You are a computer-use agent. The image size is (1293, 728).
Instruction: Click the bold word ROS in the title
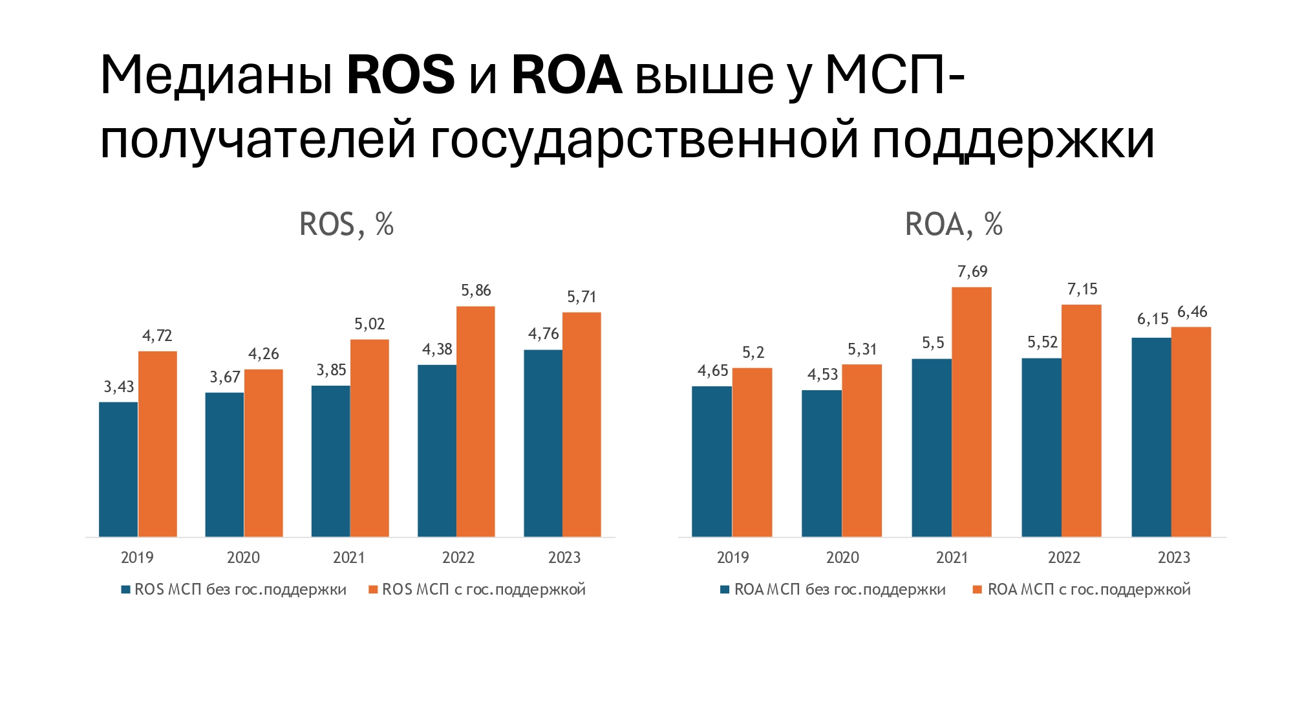coord(401,75)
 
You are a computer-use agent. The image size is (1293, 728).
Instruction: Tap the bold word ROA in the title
coord(566,75)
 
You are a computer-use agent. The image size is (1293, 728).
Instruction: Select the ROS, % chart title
coord(347,225)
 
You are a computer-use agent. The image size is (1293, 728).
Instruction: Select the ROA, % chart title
coord(954,225)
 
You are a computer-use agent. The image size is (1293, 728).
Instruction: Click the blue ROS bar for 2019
coord(118,469)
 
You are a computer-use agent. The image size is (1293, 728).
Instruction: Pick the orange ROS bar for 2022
coord(476,421)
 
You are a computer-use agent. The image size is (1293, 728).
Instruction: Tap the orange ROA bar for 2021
coord(971,412)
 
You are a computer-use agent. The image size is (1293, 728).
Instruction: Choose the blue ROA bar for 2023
coord(1151,437)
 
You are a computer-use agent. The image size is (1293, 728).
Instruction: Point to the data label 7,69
coord(972,272)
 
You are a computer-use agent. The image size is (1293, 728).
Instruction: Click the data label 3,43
coord(119,387)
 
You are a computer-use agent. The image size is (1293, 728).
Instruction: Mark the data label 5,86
coord(476,291)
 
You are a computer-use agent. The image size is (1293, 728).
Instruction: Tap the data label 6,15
coord(1153,319)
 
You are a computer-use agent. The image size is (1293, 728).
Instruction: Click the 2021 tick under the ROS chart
coord(349,557)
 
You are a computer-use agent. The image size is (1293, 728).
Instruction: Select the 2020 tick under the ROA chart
coord(842,557)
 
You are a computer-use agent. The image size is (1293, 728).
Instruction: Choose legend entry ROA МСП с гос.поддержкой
coord(1089,590)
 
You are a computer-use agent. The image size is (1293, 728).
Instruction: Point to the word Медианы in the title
coord(217,75)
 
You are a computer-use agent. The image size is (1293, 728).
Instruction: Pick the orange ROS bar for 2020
coord(263,453)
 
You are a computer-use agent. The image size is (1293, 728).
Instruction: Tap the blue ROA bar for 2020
coord(822,463)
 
